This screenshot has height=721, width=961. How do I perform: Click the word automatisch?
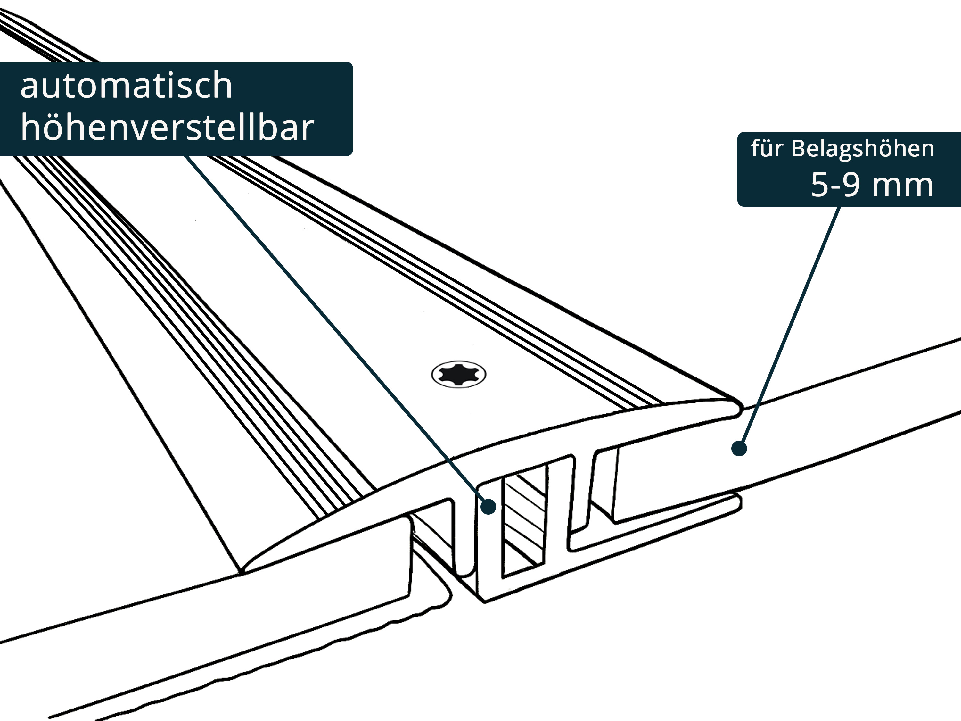pyautogui.click(x=126, y=86)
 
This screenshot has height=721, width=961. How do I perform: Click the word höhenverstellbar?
pyautogui.click(x=167, y=128)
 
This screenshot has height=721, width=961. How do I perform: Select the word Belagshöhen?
pyautogui.click(x=862, y=149)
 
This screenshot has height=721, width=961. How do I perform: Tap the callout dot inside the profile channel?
pyautogui.click(x=489, y=506)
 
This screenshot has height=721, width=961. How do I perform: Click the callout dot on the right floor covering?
pyautogui.click(x=739, y=448)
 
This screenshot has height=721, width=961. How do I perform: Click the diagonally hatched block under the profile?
pyautogui.click(x=523, y=526)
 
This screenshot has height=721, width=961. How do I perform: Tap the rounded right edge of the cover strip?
pyautogui.click(x=736, y=409)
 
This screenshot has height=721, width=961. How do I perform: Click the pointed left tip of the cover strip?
pyautogui.click(x=245, y=567)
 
